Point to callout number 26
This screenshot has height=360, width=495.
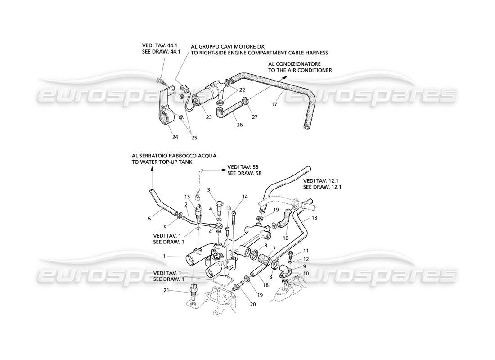point(239,125)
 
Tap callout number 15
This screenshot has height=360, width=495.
point(187,197)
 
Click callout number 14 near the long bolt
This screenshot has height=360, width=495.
point(245,197)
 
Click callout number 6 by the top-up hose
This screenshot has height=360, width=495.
point(149,219)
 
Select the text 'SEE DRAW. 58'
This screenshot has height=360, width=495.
point(244,173)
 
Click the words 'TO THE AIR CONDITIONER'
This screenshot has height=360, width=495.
point(300,71)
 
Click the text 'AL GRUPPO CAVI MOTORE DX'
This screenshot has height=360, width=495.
point(228,46)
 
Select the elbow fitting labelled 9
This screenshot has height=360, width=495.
point(284,271)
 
